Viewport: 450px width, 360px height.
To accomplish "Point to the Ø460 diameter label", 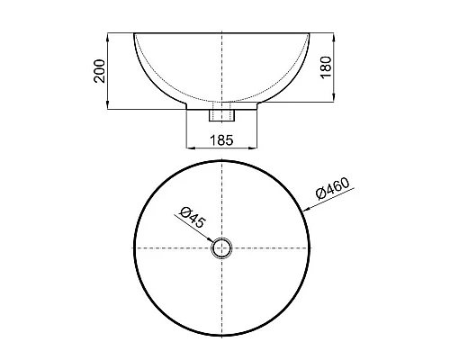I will [334, 190].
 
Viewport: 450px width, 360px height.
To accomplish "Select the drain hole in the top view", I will [221, 248].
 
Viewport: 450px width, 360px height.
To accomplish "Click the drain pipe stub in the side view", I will [221, 115].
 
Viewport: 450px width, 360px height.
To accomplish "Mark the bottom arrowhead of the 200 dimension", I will [109, 108].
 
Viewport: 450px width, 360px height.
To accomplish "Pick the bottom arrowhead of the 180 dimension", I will [335, 98].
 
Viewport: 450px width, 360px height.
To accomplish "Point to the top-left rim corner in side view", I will [133, 34].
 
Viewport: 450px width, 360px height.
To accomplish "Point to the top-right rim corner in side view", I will [310, 34].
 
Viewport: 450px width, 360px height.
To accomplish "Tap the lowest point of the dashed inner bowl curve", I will [221, 99].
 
